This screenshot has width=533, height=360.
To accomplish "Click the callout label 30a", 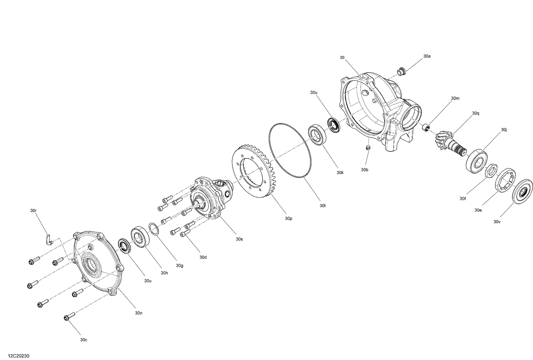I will pyautogui.click(x=426, y=56).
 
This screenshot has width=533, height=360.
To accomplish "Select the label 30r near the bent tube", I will pyautogui.click(x=33, y=211).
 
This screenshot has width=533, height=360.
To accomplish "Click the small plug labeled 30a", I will pyautogui.click(x=402, y=71).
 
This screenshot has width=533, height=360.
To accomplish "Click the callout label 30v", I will pyautogui.click(x=496, y=222).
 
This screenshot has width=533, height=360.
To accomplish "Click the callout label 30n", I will pyautogui.click(x=139, y=313).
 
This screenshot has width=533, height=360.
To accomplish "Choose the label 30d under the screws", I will pyautogui.click(x=203, y=257).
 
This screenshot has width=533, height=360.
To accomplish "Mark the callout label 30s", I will pyautogui.click(x=239, y=239).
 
